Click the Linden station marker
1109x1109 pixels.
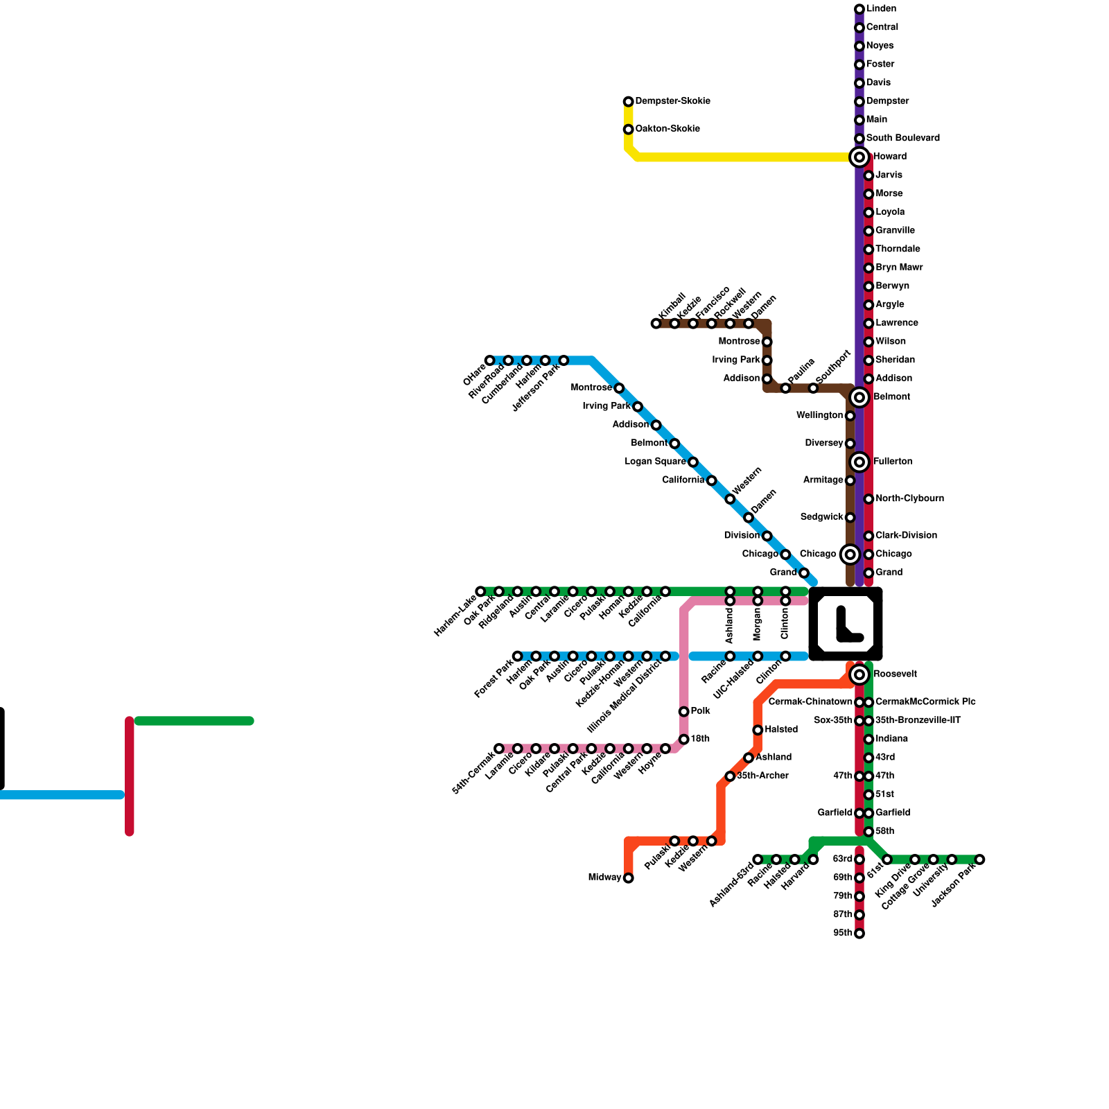pyautogui.click(x=859, y=10)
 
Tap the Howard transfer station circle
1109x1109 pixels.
pyautogui.click(x=859, y=157)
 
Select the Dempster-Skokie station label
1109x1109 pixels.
pyautogui.click(x=672, y=101)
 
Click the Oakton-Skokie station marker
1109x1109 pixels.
pyautogui.click(x=628, y=130)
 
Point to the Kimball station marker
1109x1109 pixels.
pyautogui.click(x=656, y=324)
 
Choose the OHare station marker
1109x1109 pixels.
pyautogui.click(x=490, y=360)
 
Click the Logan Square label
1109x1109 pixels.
pyautogui.click(x=655, y=462)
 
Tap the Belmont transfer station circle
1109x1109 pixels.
pyautogui.click(x=859, y=397)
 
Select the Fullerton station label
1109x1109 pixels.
pyautogui.click(x=893, y=462)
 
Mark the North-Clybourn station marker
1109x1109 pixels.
pyautogui.click(x=868, y=499)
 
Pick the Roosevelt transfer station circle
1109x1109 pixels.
pyautogui.click(x=859, y=674)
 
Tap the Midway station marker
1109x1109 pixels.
pyautogui.click(x=628, y=878)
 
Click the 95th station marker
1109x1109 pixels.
pyautogui.click(x=859, y=934)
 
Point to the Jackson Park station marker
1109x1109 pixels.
pyautogui.click(x=979, y=859)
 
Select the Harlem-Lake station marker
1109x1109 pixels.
pyautogui.click(x=480, y=591)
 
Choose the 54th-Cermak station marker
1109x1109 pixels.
pyautogui.click(x=499, y=749)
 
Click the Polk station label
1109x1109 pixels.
pyautogui.click(x=700, y=711)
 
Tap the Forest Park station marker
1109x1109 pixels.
pyautogui.click(x=517, y=656)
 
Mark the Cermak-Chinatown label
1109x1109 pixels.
pyautogui.click(x=810, y=702)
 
